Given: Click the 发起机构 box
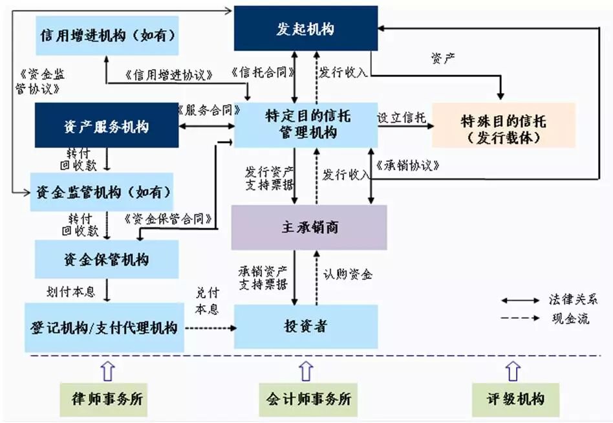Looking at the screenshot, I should (306, 28).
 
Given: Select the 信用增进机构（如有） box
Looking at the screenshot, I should (107, 35).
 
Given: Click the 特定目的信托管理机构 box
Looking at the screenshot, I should (306, 124).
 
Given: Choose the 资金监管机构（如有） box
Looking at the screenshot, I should (102, 191).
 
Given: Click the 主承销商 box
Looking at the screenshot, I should (309, 227).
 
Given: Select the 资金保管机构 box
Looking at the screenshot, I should (106, 259).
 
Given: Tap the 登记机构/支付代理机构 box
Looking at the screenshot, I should (104, 327).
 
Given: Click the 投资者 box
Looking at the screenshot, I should (305, 327).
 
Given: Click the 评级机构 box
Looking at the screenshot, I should (515, 398).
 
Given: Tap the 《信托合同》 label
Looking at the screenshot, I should (263, 72).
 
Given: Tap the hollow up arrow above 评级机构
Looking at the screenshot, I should (513, 371).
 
